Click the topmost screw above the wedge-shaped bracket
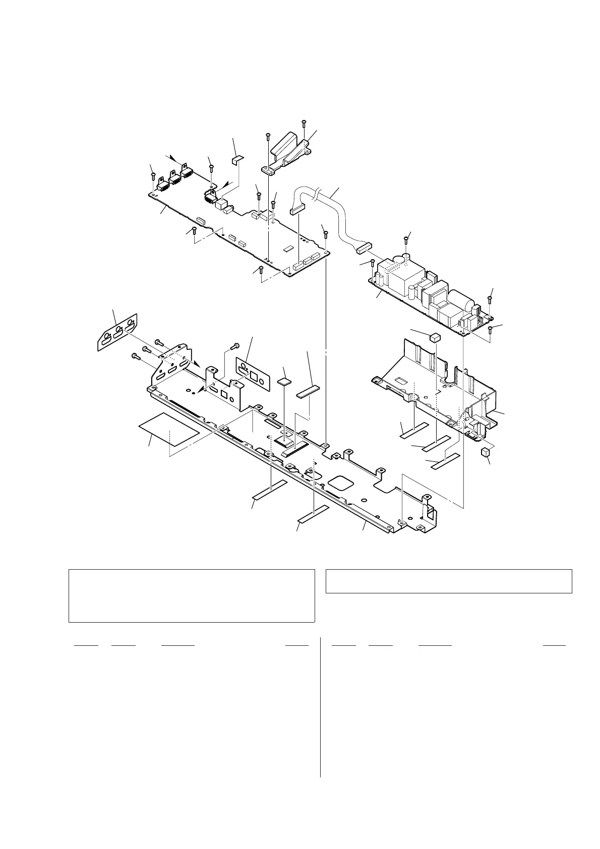click(x=304, y=123)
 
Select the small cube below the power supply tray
click(x=486, y=451)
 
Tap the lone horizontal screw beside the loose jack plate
click(x=234, y=346)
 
